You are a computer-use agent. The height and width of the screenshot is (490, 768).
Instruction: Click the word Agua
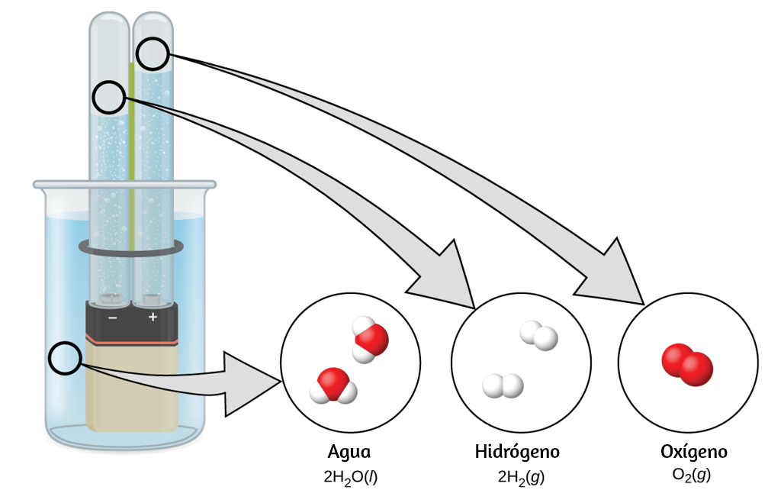349,452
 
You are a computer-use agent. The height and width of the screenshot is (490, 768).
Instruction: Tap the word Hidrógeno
517,452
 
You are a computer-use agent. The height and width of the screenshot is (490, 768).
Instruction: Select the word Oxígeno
693,452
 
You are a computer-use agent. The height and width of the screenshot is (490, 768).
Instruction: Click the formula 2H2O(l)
350,477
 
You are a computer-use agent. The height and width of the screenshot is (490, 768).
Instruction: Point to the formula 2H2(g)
521,477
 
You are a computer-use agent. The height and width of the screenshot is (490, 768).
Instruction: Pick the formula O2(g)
692,475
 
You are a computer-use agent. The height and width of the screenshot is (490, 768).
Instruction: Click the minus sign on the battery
113,318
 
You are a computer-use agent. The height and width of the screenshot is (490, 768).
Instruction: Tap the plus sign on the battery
153,317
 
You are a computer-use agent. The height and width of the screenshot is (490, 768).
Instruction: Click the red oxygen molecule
686,365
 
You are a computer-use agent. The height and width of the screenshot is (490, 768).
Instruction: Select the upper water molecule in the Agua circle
370,339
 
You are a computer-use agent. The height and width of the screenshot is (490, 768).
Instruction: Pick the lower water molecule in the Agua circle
333,386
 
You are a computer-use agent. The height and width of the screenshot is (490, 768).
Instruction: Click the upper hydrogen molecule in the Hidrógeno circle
538,336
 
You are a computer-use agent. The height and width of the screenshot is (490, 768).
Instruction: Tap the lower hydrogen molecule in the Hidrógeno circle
503,385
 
